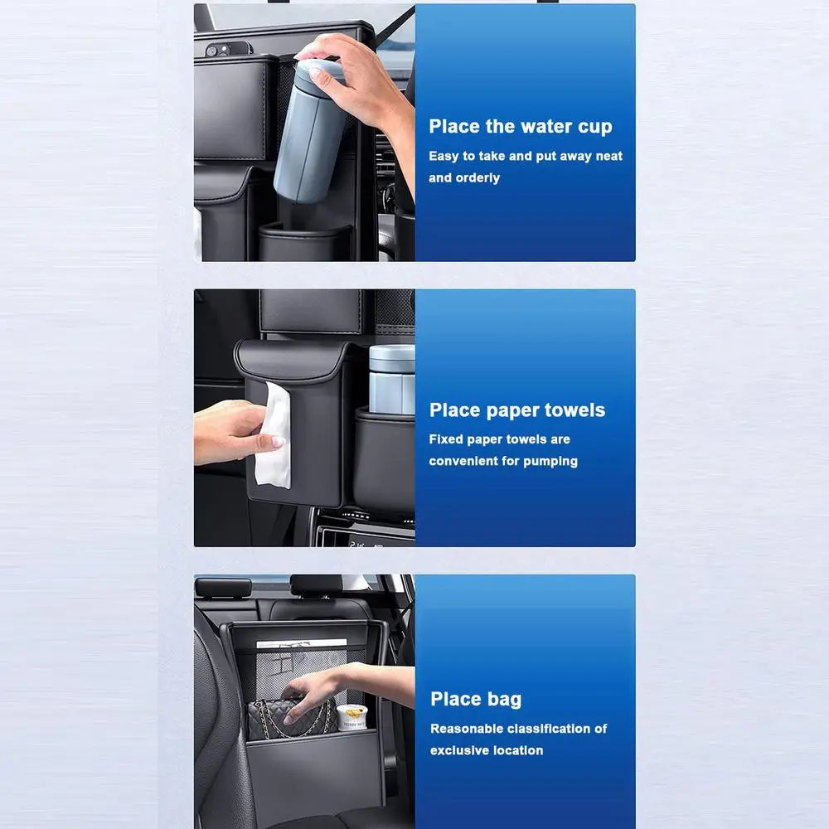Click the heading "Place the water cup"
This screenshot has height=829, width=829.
520,127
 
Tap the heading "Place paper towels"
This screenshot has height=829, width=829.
516,410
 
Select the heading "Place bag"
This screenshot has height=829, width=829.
476,699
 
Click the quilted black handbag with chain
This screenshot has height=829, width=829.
290,718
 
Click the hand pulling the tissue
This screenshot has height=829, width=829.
232,431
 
